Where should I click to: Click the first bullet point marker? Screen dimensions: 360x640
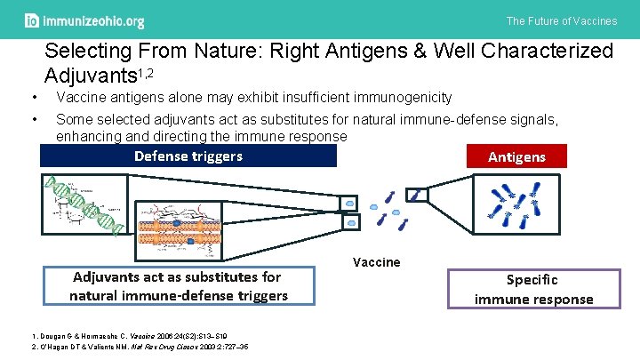(x=33, y=97)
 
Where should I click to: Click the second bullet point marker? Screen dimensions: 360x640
(x=33, y=118)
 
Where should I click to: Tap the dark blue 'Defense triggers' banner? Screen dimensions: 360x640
(x=188, y=156)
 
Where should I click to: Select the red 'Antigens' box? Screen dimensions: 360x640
(x=516, y=156)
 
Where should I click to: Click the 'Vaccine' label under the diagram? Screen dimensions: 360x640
(x=376, y=261)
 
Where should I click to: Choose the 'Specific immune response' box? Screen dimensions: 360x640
(x=533, y=289)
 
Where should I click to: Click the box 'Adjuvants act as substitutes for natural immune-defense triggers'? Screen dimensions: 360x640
(x=179, y=286)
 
